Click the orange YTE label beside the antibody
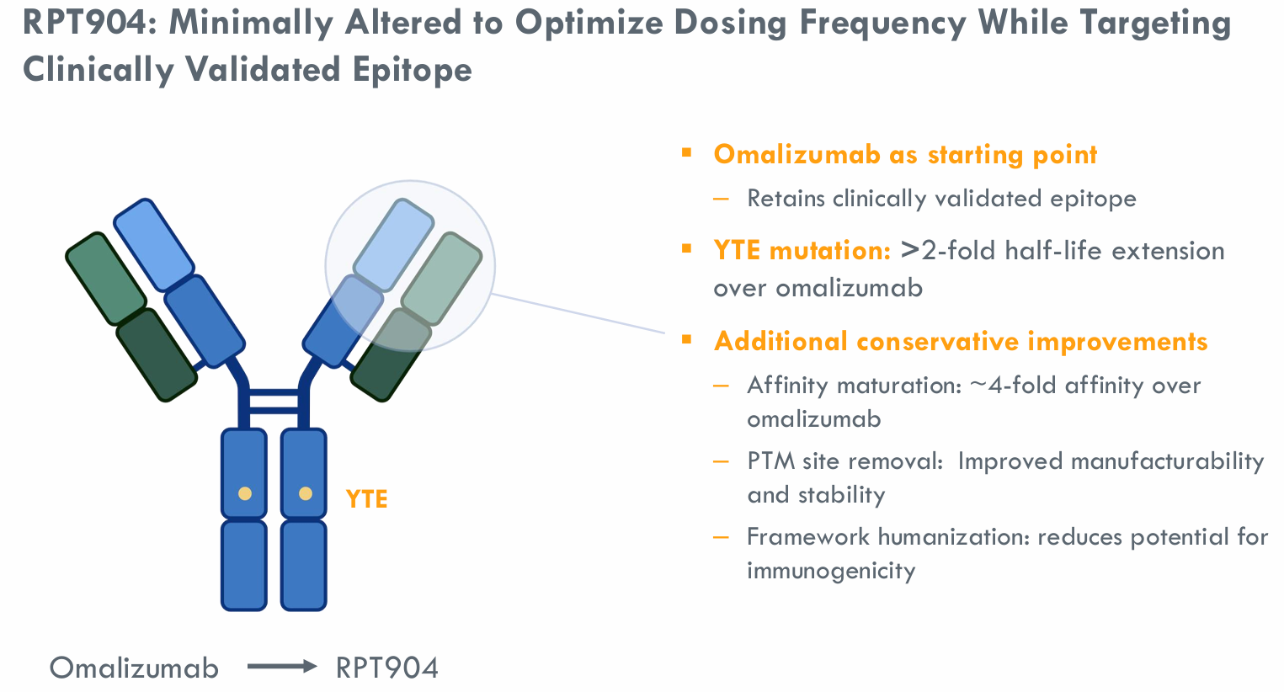(366, 499)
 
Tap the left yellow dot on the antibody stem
(244, 493)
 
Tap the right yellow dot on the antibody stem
(305, 493)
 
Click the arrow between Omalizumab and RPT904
(281, 667)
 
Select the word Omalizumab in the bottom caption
(134, 668)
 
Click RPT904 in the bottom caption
(387, 668)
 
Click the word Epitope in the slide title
(412, 69)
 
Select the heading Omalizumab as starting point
(905, 155)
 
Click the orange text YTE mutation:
(802, 250)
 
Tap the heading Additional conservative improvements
(961, 341)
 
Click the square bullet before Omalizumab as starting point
(686, 153)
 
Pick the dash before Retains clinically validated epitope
(721, 199)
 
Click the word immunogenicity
(831, 571)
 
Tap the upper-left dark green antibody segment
(105, 278)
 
